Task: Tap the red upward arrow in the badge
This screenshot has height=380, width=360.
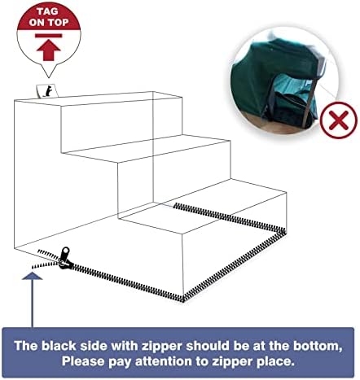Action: click(48, 50)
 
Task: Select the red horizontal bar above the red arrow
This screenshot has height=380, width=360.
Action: click(49, 36)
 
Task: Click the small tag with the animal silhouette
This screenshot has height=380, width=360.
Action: click(47, 91)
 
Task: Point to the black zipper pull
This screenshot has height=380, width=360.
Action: click(64, 259)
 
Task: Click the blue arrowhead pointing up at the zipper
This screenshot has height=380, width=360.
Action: click(32, 276)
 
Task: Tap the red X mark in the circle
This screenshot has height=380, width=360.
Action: click(339, 120)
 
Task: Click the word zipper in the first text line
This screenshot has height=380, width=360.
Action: click(162, 346)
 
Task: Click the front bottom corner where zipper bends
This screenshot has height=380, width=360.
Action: click(183, 299)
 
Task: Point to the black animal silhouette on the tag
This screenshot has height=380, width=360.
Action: click(48, 91)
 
